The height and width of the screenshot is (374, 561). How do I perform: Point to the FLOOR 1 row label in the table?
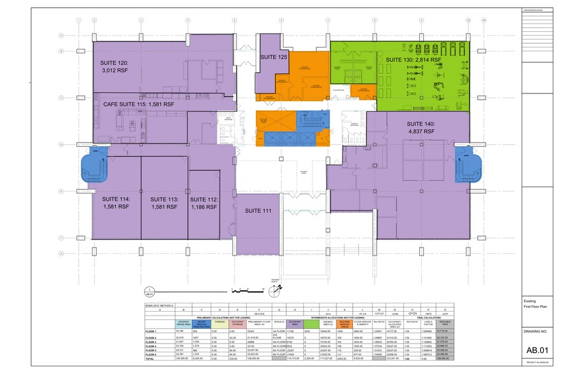pyautogui.click(x=151, y=331)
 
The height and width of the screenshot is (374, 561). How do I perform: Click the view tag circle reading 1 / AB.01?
pyautogui.click(x=148, y=291)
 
